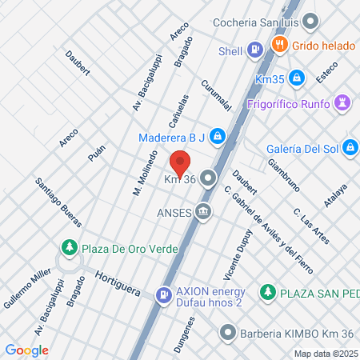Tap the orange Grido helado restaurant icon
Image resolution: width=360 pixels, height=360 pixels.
(x=279, y=45)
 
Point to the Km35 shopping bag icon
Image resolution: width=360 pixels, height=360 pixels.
(x=297, y=78)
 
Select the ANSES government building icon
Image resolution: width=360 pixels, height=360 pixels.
(x=203, y=212)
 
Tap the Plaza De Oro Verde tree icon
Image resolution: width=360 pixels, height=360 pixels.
(x=70, y=246)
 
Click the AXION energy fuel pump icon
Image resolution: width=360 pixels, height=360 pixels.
(x=164, y=296)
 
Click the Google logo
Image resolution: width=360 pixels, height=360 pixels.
(x=26, y=350)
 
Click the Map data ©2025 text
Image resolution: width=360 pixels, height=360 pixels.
(x=325, y=354)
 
